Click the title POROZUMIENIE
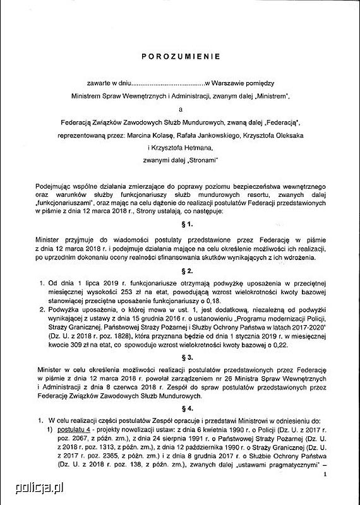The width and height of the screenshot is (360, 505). pos(181,56)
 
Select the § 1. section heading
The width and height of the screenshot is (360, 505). pos(181,225)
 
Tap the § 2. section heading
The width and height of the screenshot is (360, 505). pos(181,271)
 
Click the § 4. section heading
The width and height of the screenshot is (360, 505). pos(181,407)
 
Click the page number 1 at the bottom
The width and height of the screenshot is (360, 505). pos(325,473)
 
